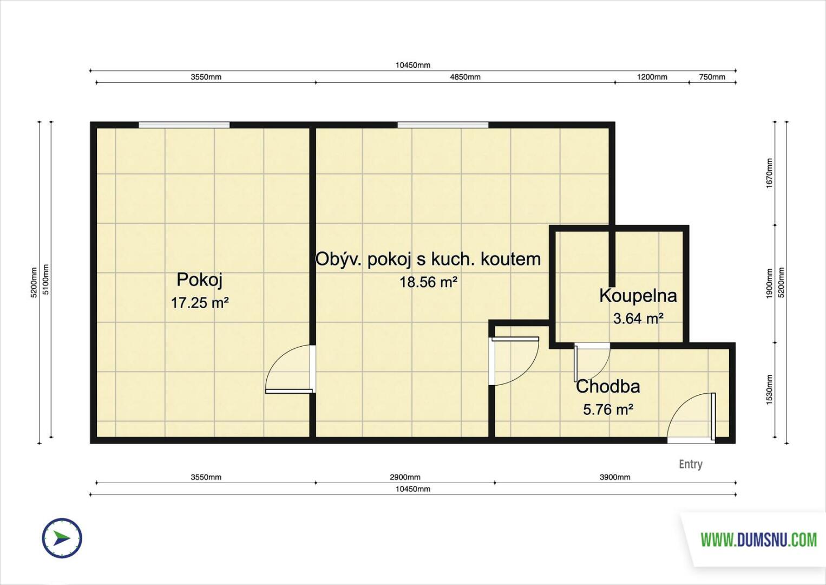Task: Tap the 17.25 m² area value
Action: tap(200, 303)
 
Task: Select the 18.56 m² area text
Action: tap(429, 282)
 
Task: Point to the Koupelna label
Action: tap(638, 296)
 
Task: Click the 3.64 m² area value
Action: tap(638, 318)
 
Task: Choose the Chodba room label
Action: tap(608, 387)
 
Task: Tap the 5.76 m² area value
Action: tap(608, 409)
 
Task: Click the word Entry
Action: tap(691, 464)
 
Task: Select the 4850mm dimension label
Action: tap(465, 77)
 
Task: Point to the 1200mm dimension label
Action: tap(652, 77)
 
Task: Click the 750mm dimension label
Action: tap(712, 77)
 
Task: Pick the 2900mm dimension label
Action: tap(405, 477)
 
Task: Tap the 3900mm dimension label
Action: tap(615, 477)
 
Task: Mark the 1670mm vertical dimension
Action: tap(769, 173)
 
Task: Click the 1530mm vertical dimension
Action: tap(769, 390)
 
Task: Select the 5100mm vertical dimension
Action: tap(45, 279)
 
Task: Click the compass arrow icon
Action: tap(62, 538)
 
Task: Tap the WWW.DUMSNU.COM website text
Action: tap(759, 541)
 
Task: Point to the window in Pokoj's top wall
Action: tap(184, 125)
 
